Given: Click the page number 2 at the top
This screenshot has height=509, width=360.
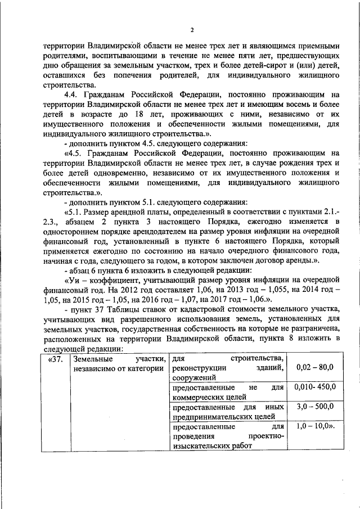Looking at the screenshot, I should coord(191,30).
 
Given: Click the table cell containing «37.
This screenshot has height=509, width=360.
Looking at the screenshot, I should coord(55,359).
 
